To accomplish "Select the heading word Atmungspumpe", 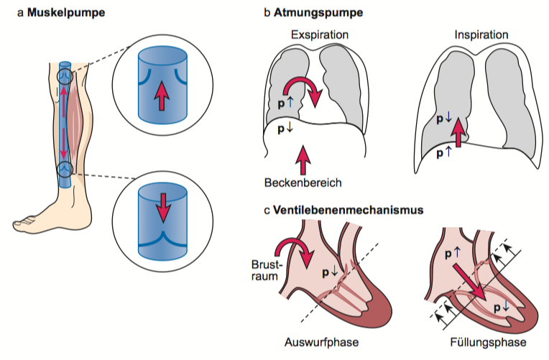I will [311, 13].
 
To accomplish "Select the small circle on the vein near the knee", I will [65, 73].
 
